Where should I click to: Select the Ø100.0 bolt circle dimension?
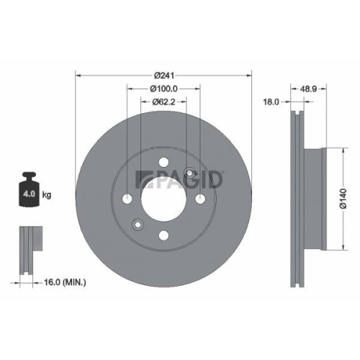164,89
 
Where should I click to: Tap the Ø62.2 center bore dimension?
164,102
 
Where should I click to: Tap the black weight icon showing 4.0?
30,192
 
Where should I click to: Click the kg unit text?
48,194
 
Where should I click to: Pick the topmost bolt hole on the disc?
164,163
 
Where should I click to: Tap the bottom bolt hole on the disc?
164,235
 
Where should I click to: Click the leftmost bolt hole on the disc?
128,199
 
